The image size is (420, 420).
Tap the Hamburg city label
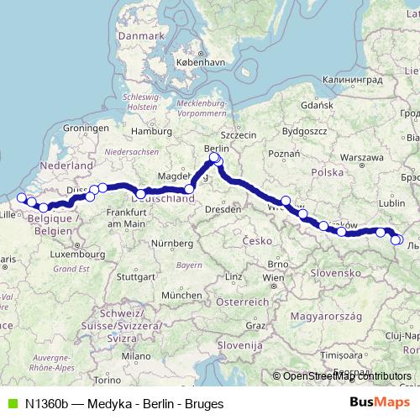[x=151, y=131]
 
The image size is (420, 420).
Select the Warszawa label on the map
[x=363, y=157]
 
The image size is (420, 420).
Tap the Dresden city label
[x=223, y=207]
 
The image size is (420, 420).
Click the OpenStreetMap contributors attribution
[x=347, y=376]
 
